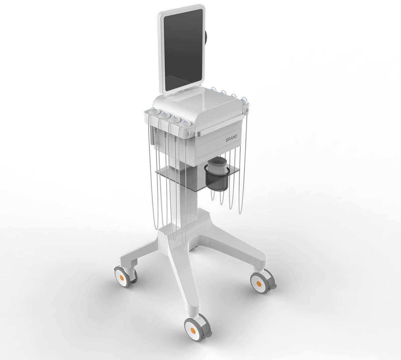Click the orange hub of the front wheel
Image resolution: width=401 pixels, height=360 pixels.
[x=192, y=330]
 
